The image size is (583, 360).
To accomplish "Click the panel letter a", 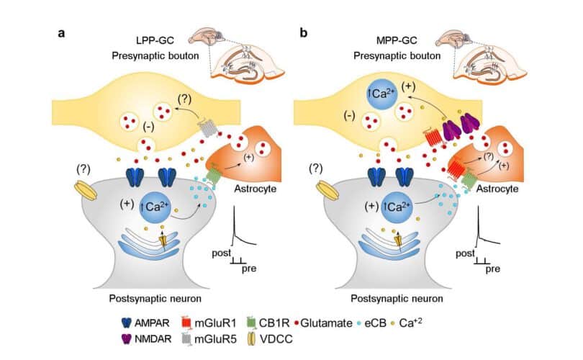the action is click(61, 33).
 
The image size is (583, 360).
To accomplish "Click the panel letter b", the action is click(304, 32).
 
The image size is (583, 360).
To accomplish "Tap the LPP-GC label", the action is click(155, 40).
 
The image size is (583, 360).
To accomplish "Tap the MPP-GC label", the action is click(397, 40).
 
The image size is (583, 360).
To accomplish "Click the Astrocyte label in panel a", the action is click(255, 189).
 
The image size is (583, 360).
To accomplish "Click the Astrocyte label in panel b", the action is click(497, 189).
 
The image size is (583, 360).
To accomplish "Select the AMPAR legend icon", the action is click(127, 323).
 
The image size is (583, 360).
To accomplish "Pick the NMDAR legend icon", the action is click(127, 339).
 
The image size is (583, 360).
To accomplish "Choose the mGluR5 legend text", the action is click(215, 339).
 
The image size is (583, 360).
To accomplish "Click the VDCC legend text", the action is click(276, 339).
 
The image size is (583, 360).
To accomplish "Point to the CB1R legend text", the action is click(274, 323).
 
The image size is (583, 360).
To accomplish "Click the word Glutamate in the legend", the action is click(326, 323).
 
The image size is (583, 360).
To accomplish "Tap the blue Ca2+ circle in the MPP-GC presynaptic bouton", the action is click(382, 94).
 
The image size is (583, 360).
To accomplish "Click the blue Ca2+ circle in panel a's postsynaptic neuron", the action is click(155, 207).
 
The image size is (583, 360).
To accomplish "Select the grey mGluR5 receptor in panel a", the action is click(207, 127).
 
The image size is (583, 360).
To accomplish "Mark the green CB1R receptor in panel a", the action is click(212, 175).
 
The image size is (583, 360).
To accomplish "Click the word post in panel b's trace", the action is click(465, 254).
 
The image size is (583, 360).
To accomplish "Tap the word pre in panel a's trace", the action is click(249, 269).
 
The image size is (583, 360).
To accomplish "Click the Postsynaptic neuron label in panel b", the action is click(397, 299).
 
